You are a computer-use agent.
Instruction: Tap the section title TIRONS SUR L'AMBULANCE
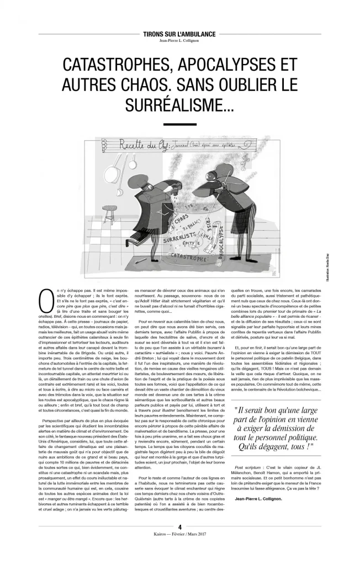(179, 34)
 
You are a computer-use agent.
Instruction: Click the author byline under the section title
(179, 40)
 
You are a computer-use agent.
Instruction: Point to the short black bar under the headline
(179, 124)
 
